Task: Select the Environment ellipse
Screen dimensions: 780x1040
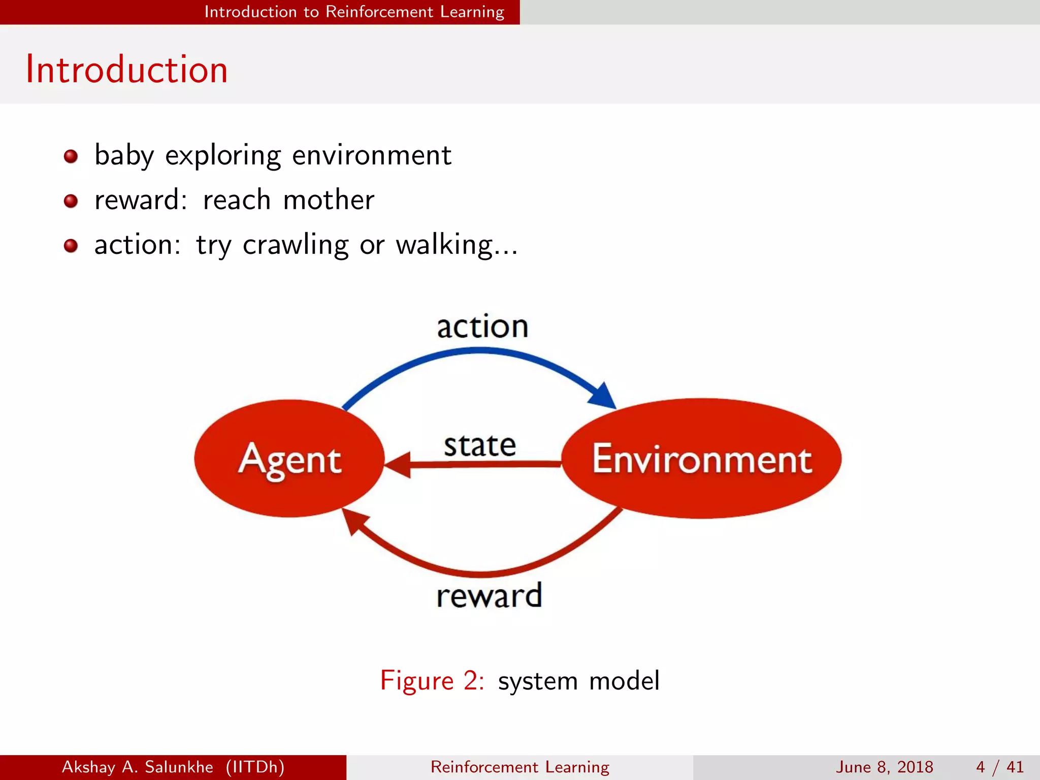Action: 702,458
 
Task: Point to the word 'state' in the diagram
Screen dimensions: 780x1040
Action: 480,445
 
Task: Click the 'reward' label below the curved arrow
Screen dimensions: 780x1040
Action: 489,596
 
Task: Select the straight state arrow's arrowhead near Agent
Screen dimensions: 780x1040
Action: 399,464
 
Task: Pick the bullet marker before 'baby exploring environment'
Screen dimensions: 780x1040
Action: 71,156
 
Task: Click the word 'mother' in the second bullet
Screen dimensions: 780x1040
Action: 329,200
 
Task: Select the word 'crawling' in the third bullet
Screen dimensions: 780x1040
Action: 296,245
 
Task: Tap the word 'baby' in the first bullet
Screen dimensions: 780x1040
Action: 124,155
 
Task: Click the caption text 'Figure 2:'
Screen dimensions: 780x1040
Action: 432,680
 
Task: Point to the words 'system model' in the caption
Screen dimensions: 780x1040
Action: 578,680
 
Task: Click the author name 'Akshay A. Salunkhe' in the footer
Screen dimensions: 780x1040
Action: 138,767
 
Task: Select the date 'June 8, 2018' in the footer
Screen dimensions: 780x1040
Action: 884,767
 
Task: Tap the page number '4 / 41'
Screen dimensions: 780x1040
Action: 999,767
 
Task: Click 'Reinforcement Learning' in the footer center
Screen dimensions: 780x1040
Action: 519,767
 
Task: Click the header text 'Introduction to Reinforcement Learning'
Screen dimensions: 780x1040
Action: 354,12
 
